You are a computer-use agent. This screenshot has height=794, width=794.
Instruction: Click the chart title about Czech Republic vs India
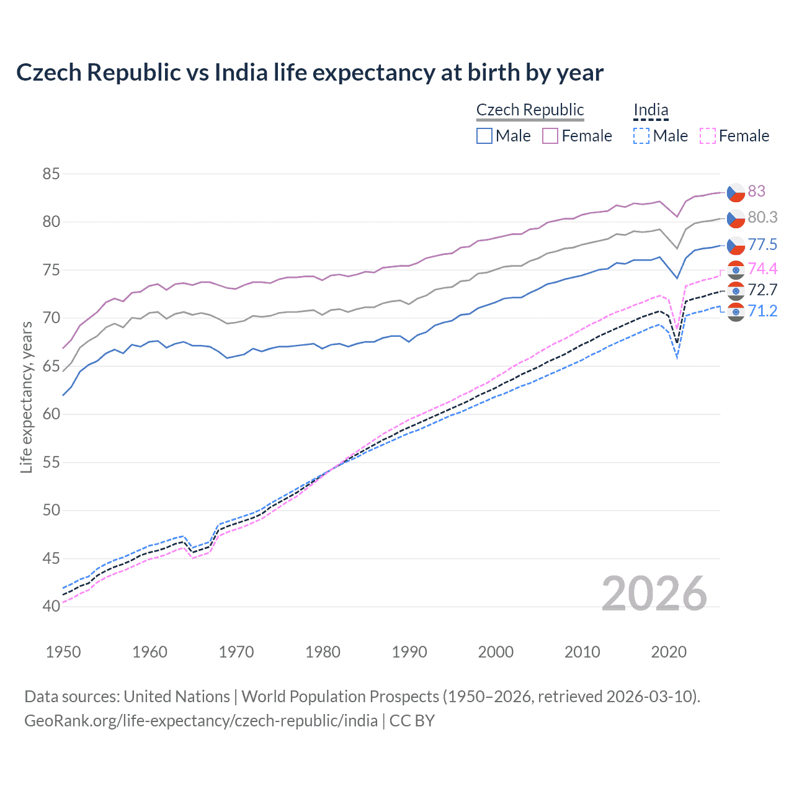[x=310, y=73]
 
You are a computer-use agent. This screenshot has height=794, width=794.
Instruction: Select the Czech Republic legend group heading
[x=530, y=110]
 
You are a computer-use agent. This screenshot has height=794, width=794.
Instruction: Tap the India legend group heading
[x=651, y=110]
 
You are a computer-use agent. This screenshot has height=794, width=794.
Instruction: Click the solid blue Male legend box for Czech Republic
[x=484, y=136]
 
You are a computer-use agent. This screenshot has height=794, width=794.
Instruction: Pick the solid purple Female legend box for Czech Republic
[x=550, y=136]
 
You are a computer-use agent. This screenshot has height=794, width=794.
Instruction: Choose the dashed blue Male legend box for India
[x=641, y=136]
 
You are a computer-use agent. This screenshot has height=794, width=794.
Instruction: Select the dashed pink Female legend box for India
[x=708, y=136]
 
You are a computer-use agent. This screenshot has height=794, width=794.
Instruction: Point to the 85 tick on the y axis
[x=51, y=174]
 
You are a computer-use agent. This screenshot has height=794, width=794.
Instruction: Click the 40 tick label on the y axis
[x=51, y=606]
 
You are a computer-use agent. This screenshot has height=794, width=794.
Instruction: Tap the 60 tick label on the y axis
[x=51, y=414]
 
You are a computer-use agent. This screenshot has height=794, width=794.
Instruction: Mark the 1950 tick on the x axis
[x=63, y=652]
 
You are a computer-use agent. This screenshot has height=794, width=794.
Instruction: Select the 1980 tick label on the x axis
[x=323, y=652]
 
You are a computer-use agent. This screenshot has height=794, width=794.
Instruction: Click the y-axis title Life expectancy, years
[x=26, y=397]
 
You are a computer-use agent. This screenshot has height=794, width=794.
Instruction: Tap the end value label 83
[x=756, y=191]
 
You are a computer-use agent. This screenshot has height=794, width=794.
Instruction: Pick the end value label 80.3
[x=762, y=217]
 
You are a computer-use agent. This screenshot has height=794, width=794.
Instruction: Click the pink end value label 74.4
[x=762, y=269]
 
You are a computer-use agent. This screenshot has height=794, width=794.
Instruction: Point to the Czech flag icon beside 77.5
[x=736, y=245]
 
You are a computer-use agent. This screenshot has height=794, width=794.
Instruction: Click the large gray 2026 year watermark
[x=654, y=594]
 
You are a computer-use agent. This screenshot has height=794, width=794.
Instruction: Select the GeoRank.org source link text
[x=201, y=721]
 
